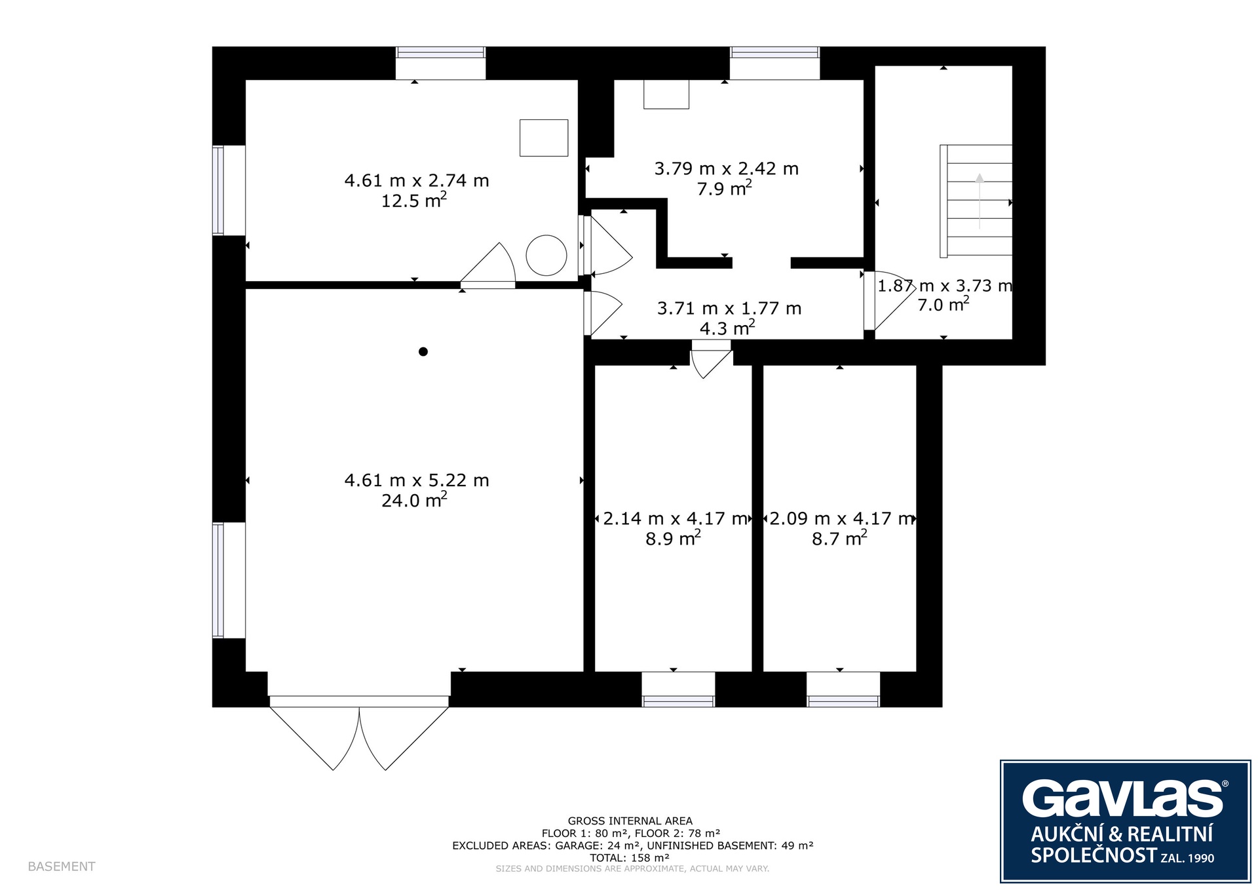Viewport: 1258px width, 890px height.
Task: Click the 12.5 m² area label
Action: click(x=414, y=199)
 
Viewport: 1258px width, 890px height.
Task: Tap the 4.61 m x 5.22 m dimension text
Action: click(x=417, y=480)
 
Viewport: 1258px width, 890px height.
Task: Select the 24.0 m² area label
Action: click(x=414, y=499)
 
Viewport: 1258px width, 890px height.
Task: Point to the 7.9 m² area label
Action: click(x=724, y=188)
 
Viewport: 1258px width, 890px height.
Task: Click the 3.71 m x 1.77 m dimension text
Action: click(x=729, y=308)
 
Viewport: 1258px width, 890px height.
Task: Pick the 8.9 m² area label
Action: click(x=673, y=538)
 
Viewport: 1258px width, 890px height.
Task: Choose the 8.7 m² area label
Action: click(x=839, y=538)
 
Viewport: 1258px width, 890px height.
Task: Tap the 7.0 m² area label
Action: click(x=943, y=304)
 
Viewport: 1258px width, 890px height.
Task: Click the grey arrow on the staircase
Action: click(x=980, y=201)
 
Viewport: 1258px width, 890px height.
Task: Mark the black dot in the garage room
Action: click(x=423, y=352)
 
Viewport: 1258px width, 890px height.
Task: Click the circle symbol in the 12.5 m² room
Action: click(x=546, y=256)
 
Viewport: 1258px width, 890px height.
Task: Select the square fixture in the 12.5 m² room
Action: click(x=544, y=138)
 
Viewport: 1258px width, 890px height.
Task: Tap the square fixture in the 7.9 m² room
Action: click(x=666, y=94)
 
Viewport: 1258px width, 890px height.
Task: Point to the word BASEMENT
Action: click(x=62, y=866)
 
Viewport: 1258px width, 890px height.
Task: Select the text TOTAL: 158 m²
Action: click(x=630, y=857)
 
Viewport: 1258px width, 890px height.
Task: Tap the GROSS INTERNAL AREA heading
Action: click(x=630, y=821)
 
